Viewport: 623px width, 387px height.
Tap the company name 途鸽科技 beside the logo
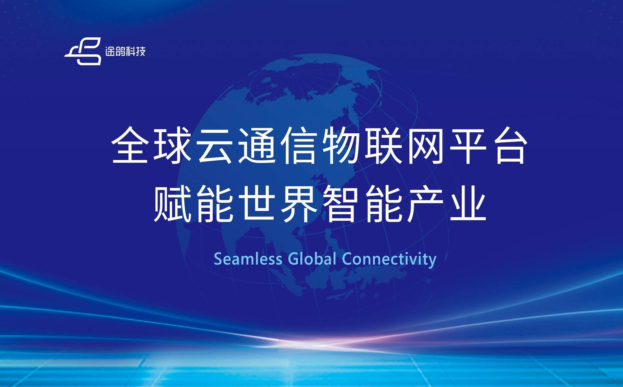(x=125, y=51)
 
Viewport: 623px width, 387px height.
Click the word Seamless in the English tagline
(x=248, y=259)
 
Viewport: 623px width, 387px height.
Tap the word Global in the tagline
(x=312, y=259)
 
